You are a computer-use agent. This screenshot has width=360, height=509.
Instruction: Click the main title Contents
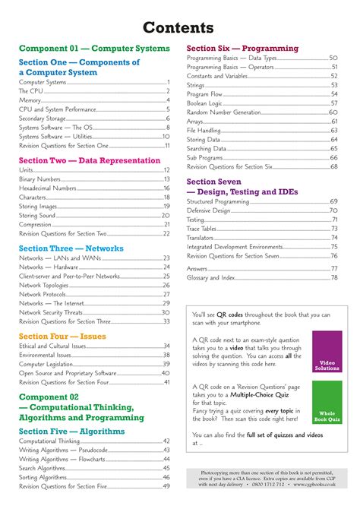click(180, 28)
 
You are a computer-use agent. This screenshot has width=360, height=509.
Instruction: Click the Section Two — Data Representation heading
click(90, 160)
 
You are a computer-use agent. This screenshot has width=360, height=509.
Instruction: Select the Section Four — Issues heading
click(62, 336)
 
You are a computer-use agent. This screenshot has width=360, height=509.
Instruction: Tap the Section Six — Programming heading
click(242, 48)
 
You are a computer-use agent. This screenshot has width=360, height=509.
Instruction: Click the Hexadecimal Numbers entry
click(48, 188)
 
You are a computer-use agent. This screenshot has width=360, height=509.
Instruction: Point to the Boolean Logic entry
click(205, 103)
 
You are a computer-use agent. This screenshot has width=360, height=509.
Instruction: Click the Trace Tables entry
click(202, 228)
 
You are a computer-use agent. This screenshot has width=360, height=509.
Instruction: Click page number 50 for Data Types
click(333, 58)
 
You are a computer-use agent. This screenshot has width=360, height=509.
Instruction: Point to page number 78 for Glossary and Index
click(333, 277)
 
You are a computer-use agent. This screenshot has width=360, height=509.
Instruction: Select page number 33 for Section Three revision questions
click(166, 321)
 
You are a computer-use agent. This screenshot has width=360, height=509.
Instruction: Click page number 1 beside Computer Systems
click(168, 81)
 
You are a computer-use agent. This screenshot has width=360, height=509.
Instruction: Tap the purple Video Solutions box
click(327, 352)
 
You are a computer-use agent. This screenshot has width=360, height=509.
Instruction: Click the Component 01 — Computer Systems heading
click(94, 48)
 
